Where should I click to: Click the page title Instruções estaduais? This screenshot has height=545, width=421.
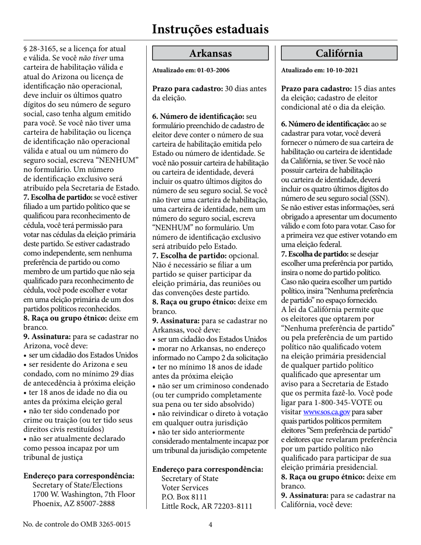210,29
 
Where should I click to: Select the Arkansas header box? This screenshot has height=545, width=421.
210,54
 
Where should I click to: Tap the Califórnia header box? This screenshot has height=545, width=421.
339,54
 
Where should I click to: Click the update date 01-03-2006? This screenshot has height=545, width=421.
212,70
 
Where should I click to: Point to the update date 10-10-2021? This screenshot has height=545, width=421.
341,70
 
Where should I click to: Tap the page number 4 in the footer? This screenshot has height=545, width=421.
210,525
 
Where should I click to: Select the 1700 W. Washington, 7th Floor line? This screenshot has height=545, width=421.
84,494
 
